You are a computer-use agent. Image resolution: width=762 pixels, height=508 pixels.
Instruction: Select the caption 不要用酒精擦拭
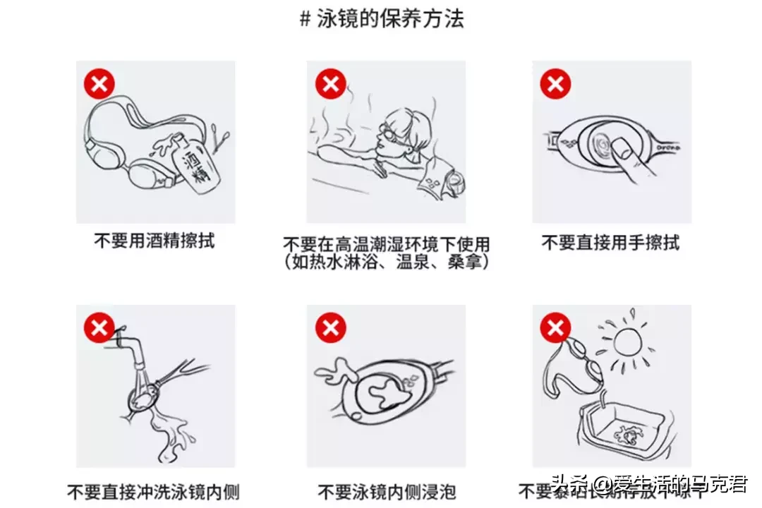(155, 241)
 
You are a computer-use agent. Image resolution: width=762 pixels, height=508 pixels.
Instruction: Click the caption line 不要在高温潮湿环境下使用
(386, 245)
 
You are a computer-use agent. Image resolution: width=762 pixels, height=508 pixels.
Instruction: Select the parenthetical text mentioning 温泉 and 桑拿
(386, 262)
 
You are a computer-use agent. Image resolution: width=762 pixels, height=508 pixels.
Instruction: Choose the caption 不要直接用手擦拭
(610, 243)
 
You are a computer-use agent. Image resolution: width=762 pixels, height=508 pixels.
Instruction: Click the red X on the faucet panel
(99, 327)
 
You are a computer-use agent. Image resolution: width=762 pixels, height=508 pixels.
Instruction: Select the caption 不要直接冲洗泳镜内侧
(153, 491)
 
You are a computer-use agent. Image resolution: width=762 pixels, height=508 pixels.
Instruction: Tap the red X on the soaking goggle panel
(329, 327)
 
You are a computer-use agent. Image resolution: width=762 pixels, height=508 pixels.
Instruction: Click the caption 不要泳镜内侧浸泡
(386, 491)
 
